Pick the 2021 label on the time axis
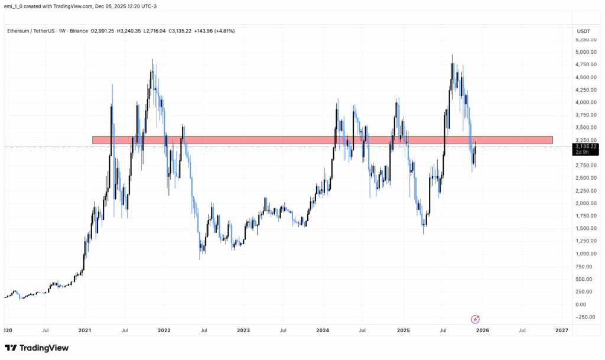[x=85, y=331]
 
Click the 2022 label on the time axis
[x=164, y=331]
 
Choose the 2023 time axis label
[x=244, y=331]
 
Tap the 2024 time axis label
[x=323, y=331]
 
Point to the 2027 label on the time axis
[x=562, y=331]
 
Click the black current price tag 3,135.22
[x=586, y=146]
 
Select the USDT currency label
[x=584, y=31]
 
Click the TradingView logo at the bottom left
[x=36, y=348]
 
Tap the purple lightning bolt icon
[x=475, y=319]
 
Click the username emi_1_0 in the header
[x=16, y=7]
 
